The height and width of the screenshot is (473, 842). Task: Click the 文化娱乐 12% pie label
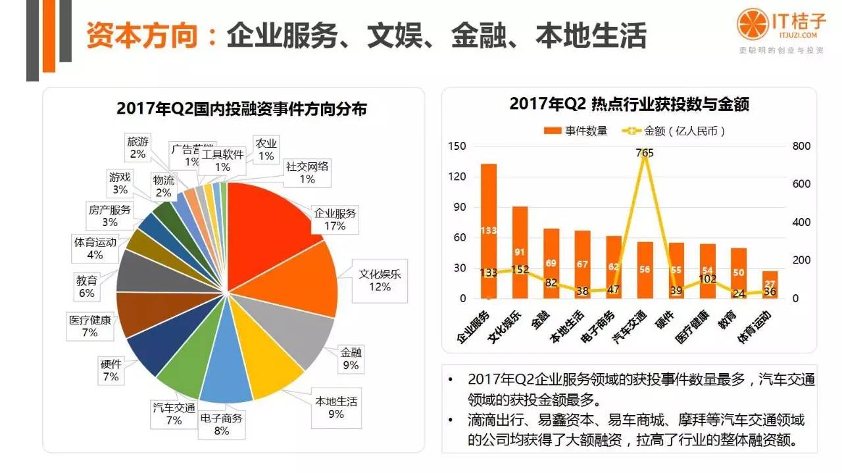coord(379,281)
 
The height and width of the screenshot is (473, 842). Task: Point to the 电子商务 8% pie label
coord(221,424)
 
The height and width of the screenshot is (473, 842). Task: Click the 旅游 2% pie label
coord(137,148)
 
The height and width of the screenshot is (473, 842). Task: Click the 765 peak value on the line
coord(644,153)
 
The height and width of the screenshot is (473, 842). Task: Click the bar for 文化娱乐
coord(520,253)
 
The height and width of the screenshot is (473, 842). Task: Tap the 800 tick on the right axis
coord(800,146)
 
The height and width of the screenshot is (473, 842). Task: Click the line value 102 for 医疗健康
coord(708,279)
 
